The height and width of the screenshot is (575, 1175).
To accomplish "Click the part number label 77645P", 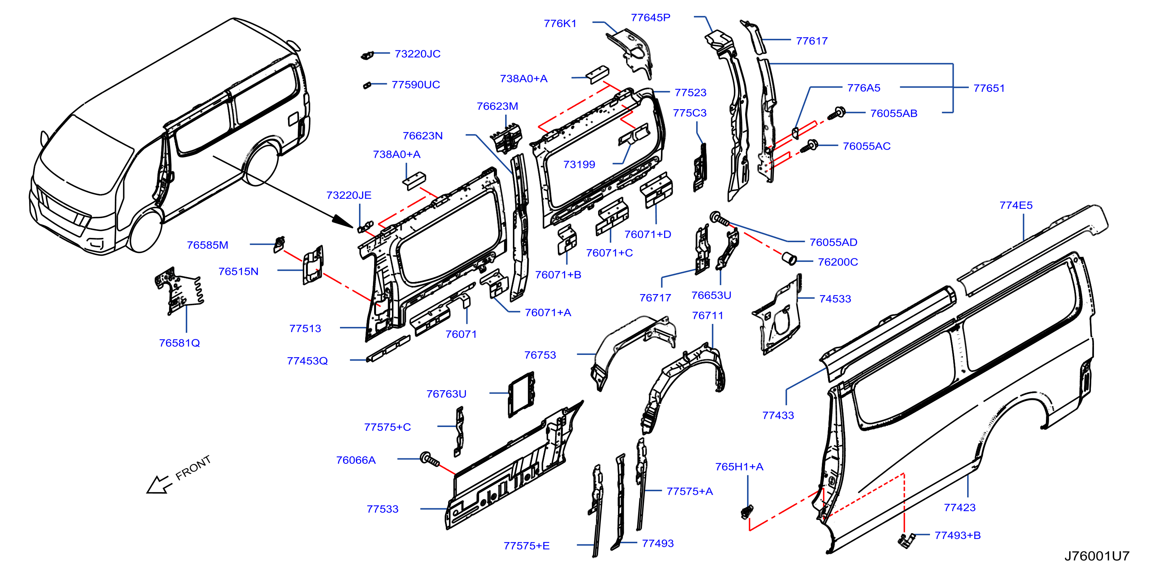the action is pyautogui.click(x=650, y=18).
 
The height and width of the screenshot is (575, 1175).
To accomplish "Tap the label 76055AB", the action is pyautogui.click(x=894, y=114).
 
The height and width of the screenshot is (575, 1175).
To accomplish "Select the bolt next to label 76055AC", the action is pyautogui.click(x=809, y=146).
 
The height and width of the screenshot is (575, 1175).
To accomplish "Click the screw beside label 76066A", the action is pyautogui.click(x=430, y=460).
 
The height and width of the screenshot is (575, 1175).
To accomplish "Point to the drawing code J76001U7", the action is pyautogui.click(x=1097, y=556).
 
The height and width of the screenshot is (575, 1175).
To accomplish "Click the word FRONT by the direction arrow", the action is pyautogui.click(x=193, y=468).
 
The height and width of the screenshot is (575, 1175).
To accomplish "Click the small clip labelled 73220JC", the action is pyautogui.click(x=367, y=55).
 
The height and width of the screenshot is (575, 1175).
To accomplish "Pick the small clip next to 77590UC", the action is pyautogui.click(x=367, y=85).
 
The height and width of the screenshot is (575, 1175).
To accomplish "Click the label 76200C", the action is pyautogui.click(x=838, y=262).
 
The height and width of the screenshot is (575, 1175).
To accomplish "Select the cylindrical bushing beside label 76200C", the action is pyautogui.click(x=789, y=258).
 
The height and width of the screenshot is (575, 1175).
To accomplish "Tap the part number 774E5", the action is pyautogui.click(x=1016, y=206).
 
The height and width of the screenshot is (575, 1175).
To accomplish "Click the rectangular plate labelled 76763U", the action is pyautogui.click(x=521, y=394).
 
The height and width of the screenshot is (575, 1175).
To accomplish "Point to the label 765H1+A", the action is pyautogui.click(x=739, y=467).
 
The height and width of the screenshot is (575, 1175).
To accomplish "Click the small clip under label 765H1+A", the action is pyautogui.click(x=747, y=512).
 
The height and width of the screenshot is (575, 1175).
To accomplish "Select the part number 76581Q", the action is pyautogui.click(x=179, y=343).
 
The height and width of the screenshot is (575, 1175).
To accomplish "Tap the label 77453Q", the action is pyautogui.click(x=307, y=361).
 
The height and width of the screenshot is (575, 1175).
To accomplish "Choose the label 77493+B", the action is pyautogui.click(x=958, y=535).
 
